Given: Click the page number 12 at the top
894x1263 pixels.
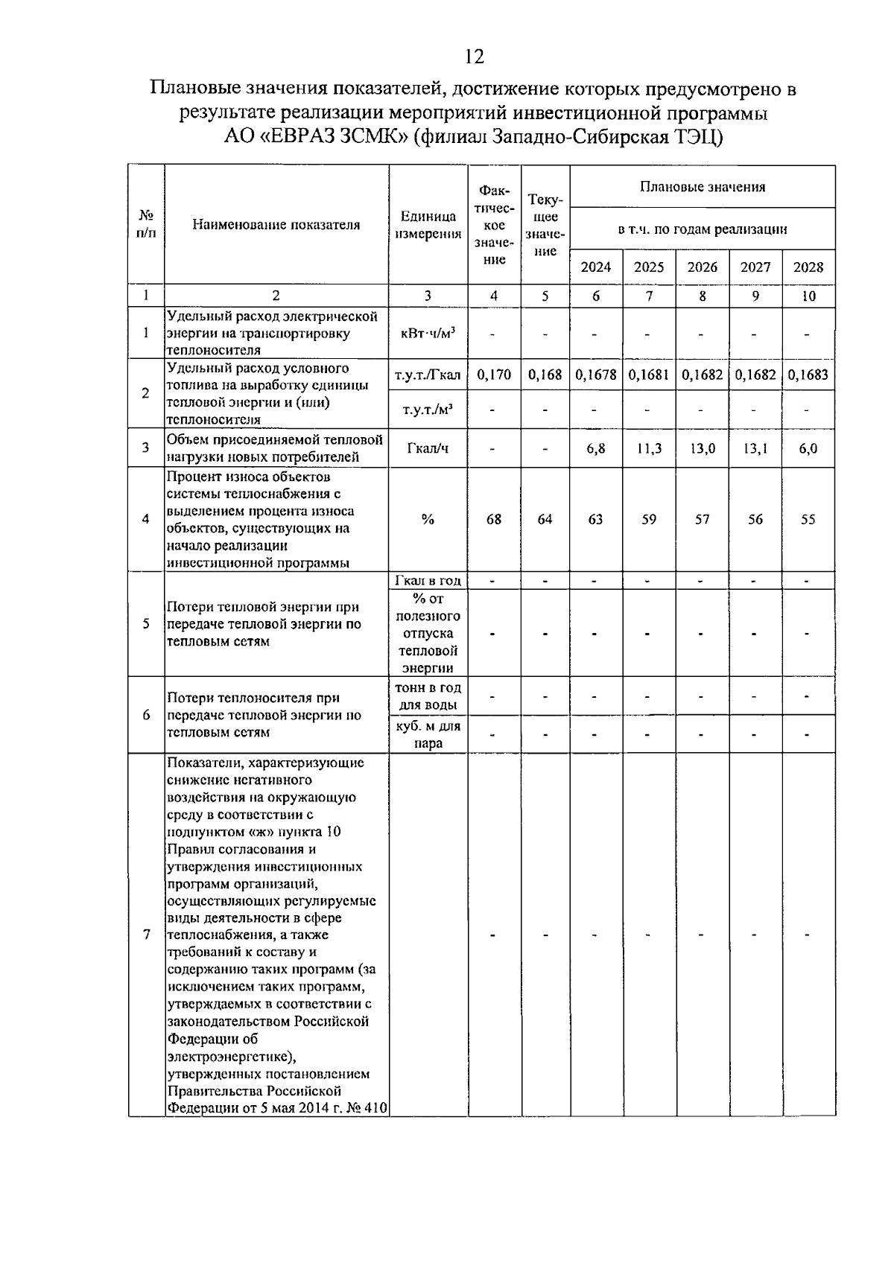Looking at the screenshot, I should [474, 57].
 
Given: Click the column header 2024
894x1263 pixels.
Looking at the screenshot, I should [595, 267].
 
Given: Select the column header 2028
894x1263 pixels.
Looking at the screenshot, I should [808, 267].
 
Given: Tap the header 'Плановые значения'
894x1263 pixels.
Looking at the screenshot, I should [702, 187].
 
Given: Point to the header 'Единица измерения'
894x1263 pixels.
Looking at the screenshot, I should [428, 225].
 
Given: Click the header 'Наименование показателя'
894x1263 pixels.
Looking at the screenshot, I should [276, 225].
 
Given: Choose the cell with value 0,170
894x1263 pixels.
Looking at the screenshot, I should [493, 375].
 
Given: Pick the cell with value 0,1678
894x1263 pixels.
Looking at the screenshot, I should [595, 375].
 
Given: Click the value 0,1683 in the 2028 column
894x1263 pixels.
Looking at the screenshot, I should [808, 375].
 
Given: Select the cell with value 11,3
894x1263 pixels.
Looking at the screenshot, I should [649, 448].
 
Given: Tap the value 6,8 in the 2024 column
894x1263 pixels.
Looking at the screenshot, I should [595, 448].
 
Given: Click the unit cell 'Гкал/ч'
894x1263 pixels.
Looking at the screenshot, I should [428, 448].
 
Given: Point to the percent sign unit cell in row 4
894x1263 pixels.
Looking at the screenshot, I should [428, 520].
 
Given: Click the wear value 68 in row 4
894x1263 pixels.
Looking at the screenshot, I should [493, 520].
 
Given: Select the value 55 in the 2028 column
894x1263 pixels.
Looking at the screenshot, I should [808, 520].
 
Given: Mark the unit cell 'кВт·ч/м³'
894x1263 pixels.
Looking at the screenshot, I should [428, 333].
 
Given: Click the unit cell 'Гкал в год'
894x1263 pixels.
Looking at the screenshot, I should [428, 581].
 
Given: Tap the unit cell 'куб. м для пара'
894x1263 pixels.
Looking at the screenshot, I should [428, 734].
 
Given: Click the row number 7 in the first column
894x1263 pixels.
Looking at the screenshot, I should [146, 935].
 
